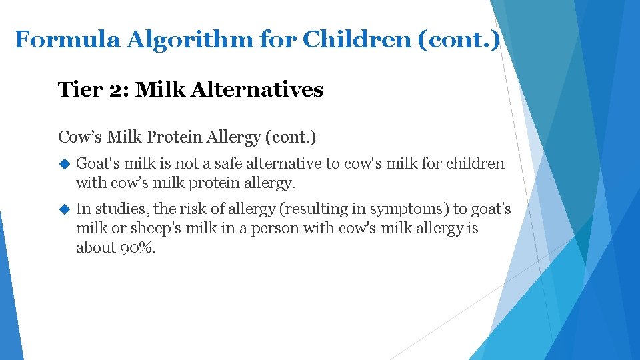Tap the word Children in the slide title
click(356, 40)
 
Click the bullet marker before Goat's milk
click(65, 163)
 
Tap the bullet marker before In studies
click(65, 209)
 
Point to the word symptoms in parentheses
click(409, 209)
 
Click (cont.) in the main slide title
click(458, 40)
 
